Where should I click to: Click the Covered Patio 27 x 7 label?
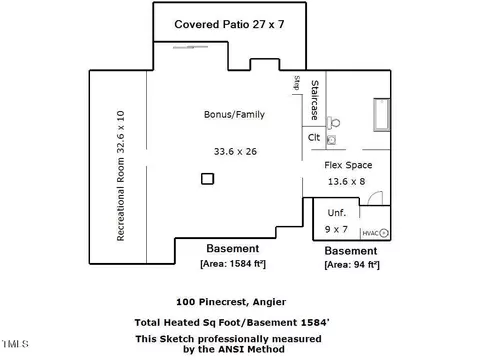[x=229, y=24]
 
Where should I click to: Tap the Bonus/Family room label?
[x=234, y=115]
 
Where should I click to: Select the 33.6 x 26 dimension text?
[x=235, y=152]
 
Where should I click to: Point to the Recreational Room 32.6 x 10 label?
[x=120, y=176]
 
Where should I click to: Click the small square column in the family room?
[x=207, y=179]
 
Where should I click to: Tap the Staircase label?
[x=314, y=100]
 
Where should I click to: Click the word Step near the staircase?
[x=297, y=83]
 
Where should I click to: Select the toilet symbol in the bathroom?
[x=333, y=123]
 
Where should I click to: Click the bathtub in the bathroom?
[x=382, y=115]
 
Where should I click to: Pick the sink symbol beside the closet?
[x=331, y=140]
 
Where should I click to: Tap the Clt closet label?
[x=314, y=137]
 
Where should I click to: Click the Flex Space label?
[x=348, y=165]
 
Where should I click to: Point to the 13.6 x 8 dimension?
[x=346, y=182]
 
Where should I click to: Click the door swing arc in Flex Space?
[x=373, y=196]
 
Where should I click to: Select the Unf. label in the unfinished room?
[x=337, y=213]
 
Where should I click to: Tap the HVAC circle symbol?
[x=384, y=233]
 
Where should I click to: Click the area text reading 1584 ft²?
[x=233, y=264]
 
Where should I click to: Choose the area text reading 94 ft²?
[x=352, y=265]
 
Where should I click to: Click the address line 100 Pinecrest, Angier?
[x=231, y=302]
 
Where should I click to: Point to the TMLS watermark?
[x=15, y=344]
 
